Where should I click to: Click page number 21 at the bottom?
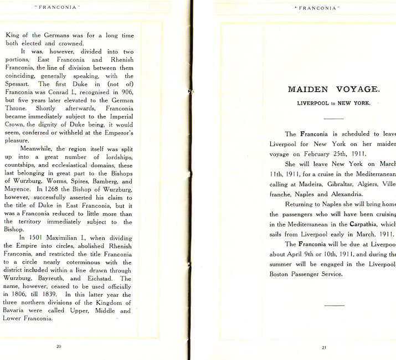tap(325, 347)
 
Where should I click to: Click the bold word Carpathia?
tap(362, 225)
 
